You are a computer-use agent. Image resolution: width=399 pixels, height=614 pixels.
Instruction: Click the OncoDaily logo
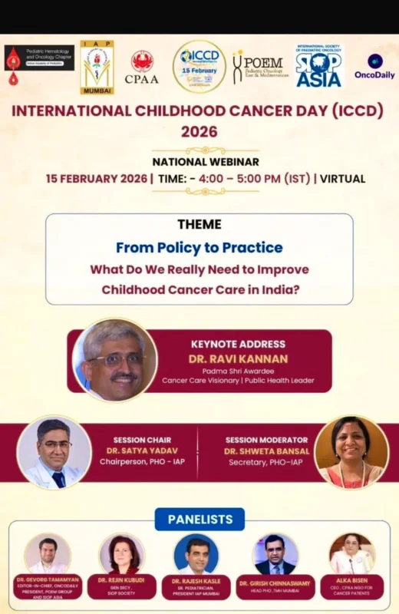(374, 65)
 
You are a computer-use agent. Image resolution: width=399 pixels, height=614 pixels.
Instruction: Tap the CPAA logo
(142, 67)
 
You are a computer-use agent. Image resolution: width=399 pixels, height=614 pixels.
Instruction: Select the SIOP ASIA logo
(318, 65)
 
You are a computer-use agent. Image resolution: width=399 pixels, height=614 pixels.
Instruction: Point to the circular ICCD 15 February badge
(199, 66)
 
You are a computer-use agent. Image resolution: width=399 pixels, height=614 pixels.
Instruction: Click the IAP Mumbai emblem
(97, 67)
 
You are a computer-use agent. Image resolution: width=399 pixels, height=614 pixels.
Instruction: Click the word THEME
(199, 224)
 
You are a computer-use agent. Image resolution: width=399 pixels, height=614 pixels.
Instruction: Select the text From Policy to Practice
(199, 247)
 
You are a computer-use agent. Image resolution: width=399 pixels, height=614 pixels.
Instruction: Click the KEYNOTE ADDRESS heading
(238, 344)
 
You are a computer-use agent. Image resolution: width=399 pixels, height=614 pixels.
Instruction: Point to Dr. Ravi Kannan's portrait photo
(115, 359)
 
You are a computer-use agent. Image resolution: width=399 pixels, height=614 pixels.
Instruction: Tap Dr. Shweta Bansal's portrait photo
(351, 453)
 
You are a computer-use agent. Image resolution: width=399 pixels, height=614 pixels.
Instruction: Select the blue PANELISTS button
(199, 520)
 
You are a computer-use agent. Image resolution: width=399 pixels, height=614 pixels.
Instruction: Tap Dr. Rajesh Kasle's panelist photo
(196, 554)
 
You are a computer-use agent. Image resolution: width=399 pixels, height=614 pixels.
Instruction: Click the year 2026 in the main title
(199, 131)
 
